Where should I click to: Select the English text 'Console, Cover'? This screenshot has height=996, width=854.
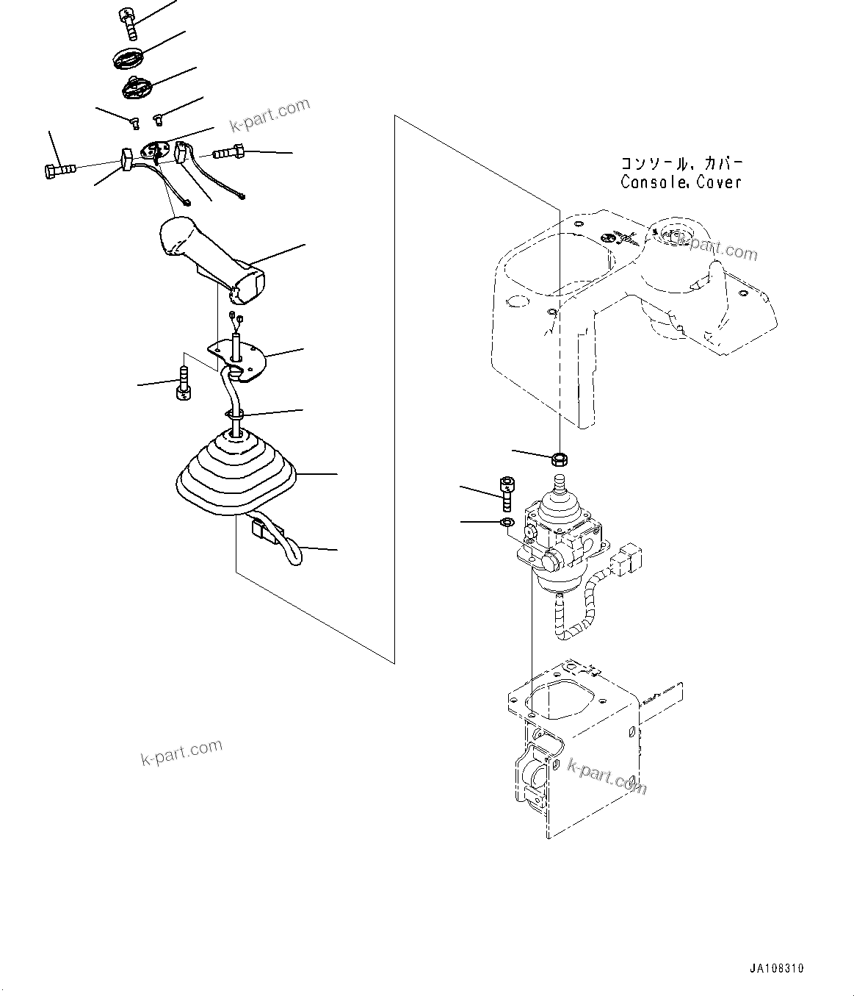pyautogui.click(x=681, y=182)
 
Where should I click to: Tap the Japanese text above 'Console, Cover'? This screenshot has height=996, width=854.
pyautogui.click(x=682, y=162)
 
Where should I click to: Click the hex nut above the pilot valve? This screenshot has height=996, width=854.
pyautogui.click(x=559, y=459)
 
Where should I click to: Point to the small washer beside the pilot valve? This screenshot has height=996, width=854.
pyautogui.click(x=506, y=522)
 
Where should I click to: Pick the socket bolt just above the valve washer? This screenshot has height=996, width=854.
pyautogui.click(x=506, y=493)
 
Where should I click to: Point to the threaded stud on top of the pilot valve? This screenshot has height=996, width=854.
pyautogui.click(x=560, y=483)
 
